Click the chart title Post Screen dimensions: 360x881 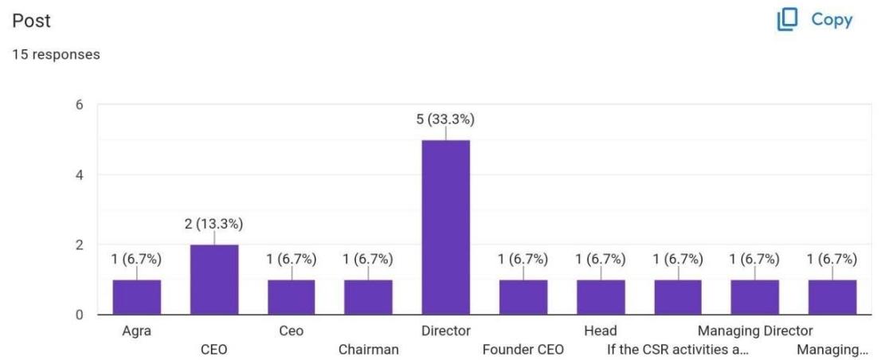(x=37, y=22)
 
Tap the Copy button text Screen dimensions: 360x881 (x=832, y=20)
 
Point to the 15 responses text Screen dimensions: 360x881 (x=55, y=54)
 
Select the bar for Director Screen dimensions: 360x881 (x=445, y=227)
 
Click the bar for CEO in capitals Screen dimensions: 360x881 (x=213, y=280)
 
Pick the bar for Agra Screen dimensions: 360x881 (x=136, y=297)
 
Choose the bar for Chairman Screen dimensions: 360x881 (x=368, y=297)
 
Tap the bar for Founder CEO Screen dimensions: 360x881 (x=523, y=297)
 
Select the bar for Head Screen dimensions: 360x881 (x=601, y=297)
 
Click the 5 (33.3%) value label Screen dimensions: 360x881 (x=445, y=119)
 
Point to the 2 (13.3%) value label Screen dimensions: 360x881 (x=213, y=224)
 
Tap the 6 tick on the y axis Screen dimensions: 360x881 (x=78, y=104)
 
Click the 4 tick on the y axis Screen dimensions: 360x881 (x=78, y=174)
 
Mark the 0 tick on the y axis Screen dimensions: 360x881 (x=78, y=315)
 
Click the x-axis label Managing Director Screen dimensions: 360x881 (x=755, y=331)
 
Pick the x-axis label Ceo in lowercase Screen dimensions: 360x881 (x=291, y=331)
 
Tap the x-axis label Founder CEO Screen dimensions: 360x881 (x=523, y=349)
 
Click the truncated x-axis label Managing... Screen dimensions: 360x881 (x=832, y=349)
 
